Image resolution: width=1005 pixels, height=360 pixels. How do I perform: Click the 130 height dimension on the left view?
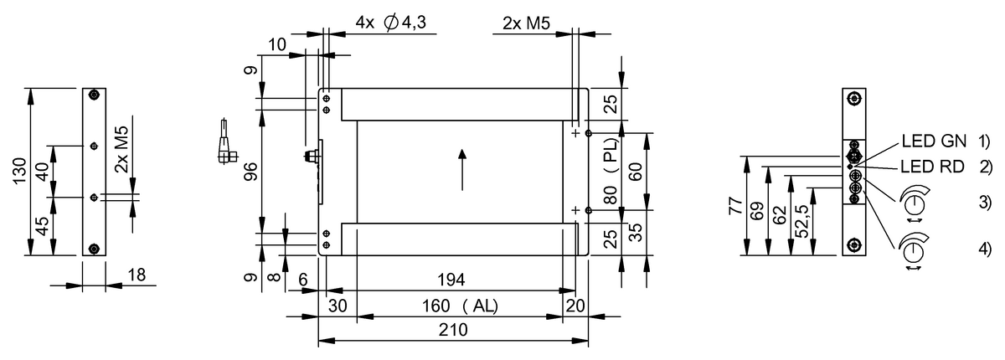[19, 171]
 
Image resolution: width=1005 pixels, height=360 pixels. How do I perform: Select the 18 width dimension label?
[137, 275]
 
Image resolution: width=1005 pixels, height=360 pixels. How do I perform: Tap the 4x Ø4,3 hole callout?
[391, 23]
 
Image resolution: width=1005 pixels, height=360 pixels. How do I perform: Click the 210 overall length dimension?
[453, 330]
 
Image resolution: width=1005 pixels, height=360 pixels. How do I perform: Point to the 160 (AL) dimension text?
[460, 306]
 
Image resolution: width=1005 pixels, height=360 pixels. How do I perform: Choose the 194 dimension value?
[451, 280]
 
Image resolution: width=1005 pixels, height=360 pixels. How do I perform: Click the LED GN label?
[934, 141]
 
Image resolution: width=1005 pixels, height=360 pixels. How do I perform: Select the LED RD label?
[933, 167]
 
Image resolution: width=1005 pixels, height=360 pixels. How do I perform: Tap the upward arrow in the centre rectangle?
[462, 170]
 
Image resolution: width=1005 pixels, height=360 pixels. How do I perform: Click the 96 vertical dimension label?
[252, 172]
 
